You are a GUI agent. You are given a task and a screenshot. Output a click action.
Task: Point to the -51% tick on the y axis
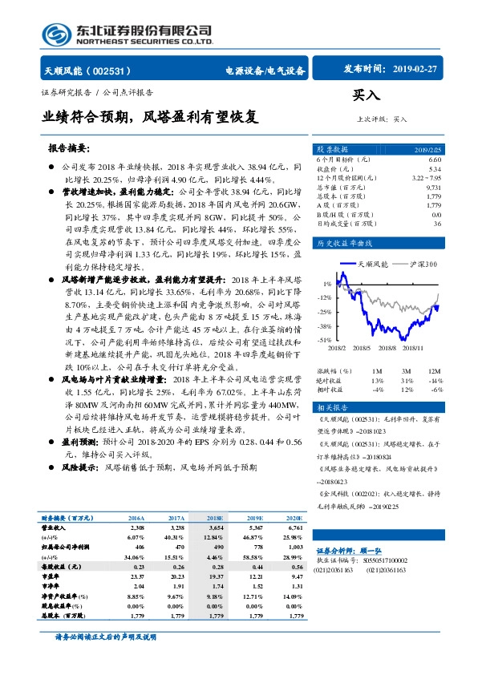click(326, 340)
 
